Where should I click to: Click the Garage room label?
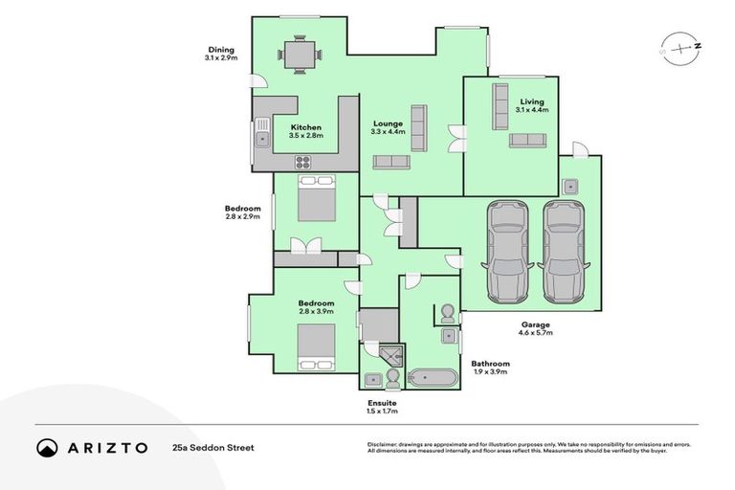pyautogui.click(x=535, y=325)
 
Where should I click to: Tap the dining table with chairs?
pyautogui.click(x=301, y=56)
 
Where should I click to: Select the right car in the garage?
pyautogui.click(x=563, y=252)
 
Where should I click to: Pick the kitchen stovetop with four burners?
pyautogui.click(x=303, y=161)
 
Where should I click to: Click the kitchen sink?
pyautogui.click(x=262, y=141)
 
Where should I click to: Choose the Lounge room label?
pyautogui.click(x=388, y=123)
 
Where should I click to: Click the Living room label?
pyautogui.click(x=531, y=101)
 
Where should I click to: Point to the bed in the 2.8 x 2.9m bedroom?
pyautogui.click(x=315, y=200)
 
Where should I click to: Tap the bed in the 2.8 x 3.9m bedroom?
pyautogui.click(x=315, y=345)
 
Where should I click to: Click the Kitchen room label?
pyautogui.click(x=306, y=127)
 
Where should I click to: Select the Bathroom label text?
pyautogui.click(x=490, y=364)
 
